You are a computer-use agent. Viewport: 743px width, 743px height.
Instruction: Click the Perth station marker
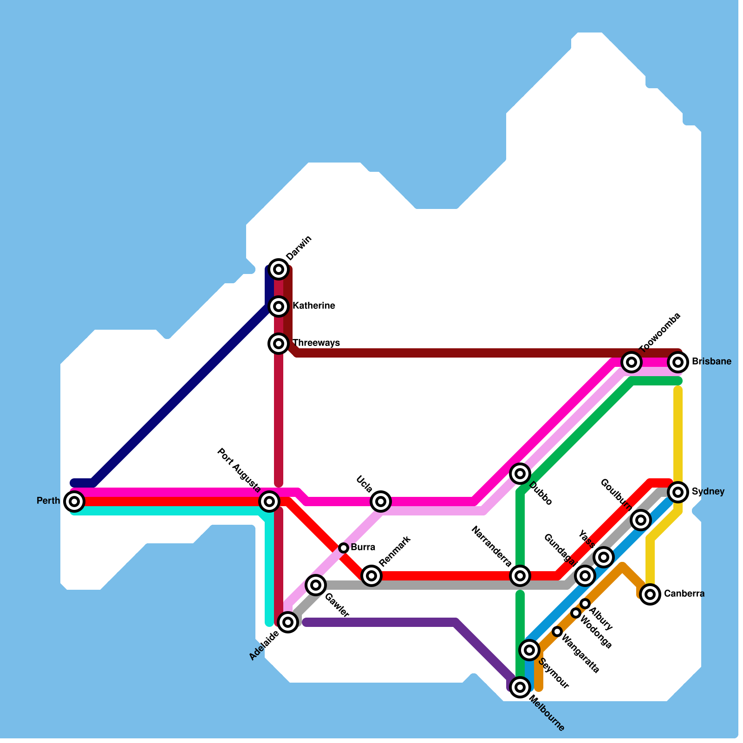(x=74, y=501)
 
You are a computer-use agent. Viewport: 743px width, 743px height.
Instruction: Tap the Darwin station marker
(x=279, y=269)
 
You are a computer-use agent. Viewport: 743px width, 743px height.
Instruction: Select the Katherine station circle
(x=279, y=306)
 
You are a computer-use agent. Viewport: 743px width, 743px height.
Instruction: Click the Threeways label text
(x=316, y=343)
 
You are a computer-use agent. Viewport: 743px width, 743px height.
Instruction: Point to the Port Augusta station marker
(x=269, y=501)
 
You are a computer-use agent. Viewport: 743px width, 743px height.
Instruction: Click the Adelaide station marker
(x=288, y=621)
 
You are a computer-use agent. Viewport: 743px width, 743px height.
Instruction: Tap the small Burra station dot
(x=344, y=547)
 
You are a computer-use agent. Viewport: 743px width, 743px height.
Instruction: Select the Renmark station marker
(x=371, y=576)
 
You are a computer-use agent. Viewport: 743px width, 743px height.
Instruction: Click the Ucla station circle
(x=381, y=501)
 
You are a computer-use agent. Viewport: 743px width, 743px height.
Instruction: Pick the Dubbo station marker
(x=520, y=474)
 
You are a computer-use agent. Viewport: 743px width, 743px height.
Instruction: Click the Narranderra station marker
(x=520, y=576)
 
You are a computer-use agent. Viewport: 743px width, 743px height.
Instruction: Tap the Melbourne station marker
(x=520, y=687)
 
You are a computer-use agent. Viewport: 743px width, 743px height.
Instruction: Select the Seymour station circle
(x=529, y=650)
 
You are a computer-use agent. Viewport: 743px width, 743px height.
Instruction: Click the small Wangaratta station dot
(x=557, y=631)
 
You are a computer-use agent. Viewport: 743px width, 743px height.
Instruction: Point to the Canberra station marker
(x=650, y=594)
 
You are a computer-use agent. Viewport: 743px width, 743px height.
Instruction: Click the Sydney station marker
(x=678, y=491)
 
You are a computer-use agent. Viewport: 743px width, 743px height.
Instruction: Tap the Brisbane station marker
(x=678, y=361)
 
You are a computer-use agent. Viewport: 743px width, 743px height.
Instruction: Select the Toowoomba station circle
(x=632, y=361)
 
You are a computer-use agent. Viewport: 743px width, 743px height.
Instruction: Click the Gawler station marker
(x=316, y=585)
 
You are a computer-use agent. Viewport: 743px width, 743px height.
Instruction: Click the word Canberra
(x=684, y=593)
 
